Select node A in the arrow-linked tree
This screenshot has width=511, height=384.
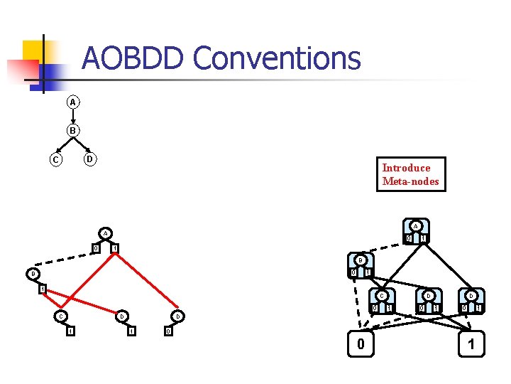pos(72,102)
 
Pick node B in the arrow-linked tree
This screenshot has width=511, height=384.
pos(72,131)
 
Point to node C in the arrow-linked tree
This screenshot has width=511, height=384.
pos(55,159)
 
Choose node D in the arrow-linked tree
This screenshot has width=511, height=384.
pos(89,158)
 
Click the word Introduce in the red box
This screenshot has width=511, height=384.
pos(406,168)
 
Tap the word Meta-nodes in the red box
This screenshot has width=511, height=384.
pos(410,181)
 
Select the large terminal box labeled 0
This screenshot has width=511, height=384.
pos(361,346)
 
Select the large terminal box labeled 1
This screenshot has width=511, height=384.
pos(471,346)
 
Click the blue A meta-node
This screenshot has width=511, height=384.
pos(415,232)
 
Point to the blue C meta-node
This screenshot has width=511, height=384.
pos(382,301)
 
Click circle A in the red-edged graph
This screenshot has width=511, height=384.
pos(104,233)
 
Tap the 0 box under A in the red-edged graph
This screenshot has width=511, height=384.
pos(95,247)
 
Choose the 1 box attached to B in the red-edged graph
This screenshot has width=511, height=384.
pos(42,289)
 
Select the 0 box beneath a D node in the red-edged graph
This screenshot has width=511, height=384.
pos(167,331)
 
